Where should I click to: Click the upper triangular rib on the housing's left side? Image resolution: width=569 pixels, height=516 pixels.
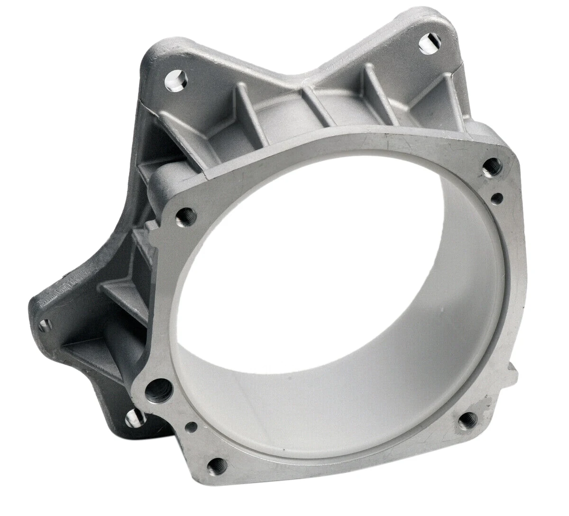[142, 247]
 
